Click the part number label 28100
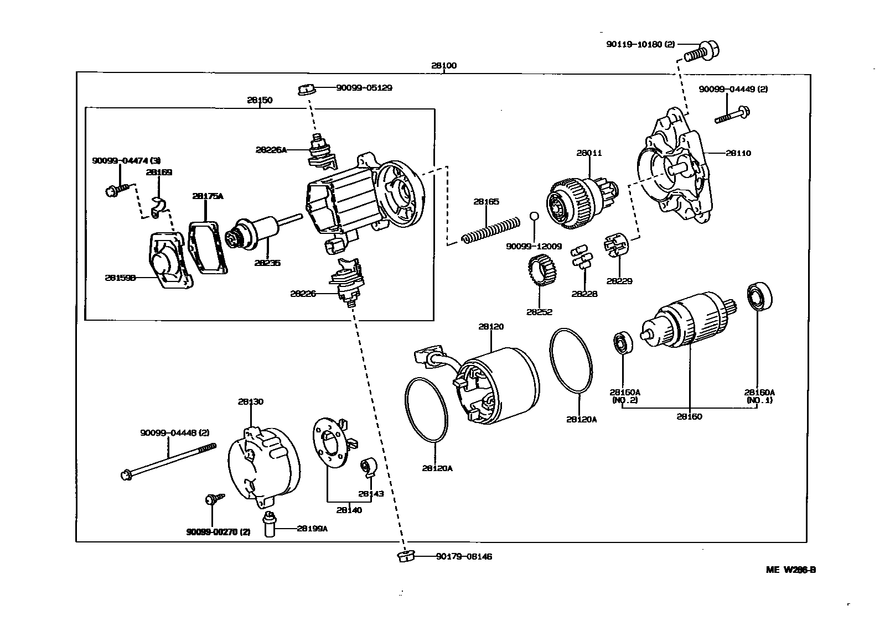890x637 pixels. [444, 66]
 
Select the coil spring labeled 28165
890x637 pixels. [490, 230]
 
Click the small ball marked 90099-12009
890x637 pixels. [534, 216]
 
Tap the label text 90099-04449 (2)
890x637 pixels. [733, 89]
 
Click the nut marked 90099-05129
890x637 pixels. [307, 88]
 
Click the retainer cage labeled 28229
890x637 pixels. [617, 246]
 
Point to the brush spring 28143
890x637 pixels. [368, 467]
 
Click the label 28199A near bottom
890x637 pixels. [312, 529]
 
